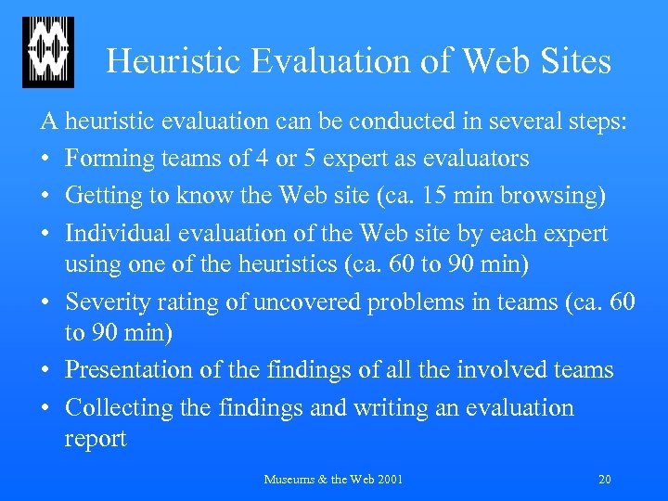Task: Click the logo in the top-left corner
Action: coord(47,53)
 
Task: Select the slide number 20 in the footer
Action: coord(605,480)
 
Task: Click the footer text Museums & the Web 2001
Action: coord(334,480)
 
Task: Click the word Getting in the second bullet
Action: coord(105,196)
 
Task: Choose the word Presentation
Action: coord(131,370)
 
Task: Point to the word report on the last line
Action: coord(96,439)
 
